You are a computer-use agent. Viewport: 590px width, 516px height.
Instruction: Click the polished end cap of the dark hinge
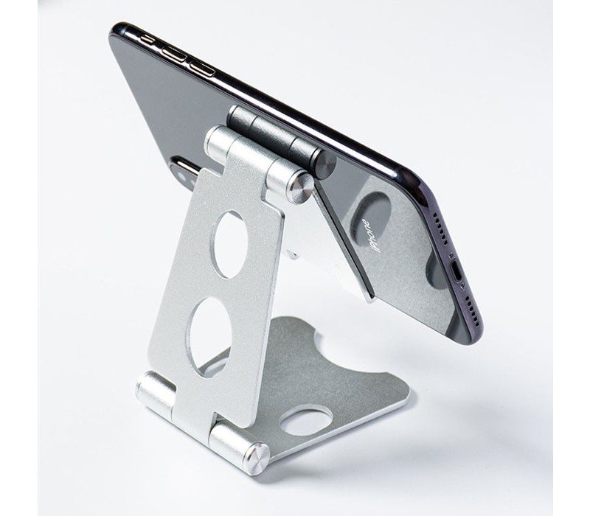point(323,161)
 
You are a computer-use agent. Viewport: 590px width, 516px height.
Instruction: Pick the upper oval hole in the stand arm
point(230,244)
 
